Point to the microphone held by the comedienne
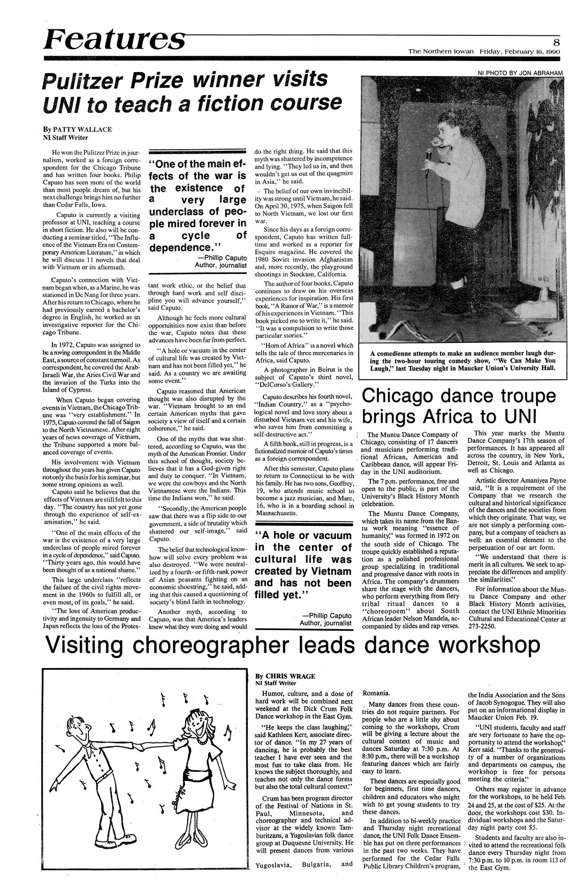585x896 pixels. [x=429, y=156]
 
